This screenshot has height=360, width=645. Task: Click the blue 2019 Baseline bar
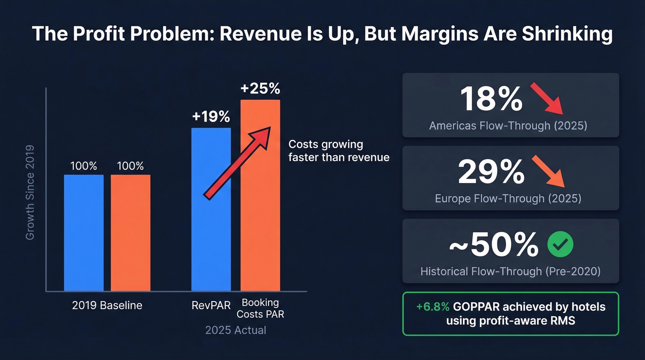[84, 233]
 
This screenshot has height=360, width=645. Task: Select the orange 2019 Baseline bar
[130, 233]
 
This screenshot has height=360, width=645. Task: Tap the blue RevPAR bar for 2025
[211, 210]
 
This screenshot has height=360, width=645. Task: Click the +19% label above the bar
[211, 117]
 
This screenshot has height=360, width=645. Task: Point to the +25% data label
[260, 89]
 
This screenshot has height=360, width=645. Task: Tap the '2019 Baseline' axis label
[107, 305]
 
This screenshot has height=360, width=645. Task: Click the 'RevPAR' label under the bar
[211, 305]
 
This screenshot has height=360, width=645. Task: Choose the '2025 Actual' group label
[235, 330]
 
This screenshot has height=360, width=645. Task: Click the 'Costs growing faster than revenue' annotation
[339, 151]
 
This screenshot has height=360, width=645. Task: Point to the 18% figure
[491, 99]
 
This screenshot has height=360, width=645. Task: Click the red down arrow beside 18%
[546, 98]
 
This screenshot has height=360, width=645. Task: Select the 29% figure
[491, 172]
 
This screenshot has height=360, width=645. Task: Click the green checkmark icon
[560, 245]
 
